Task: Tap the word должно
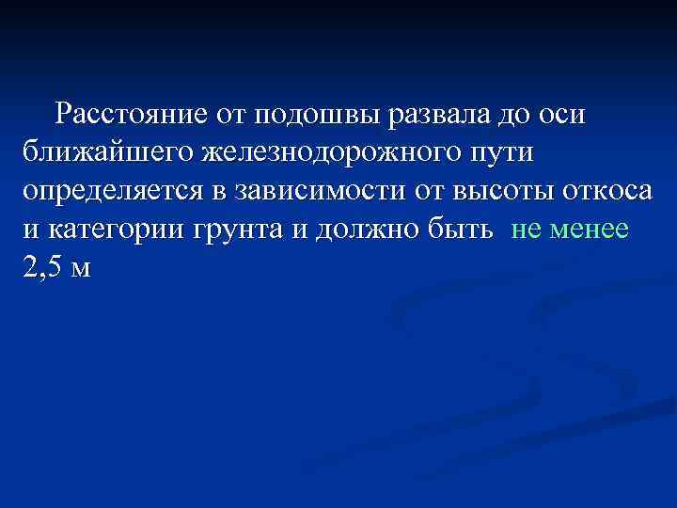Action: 368,230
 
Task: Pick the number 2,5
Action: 41,268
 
